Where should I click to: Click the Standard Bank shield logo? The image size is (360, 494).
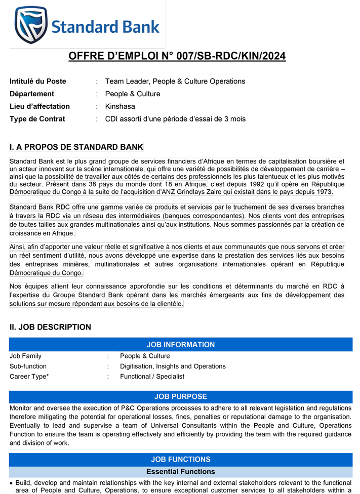pos(32,25)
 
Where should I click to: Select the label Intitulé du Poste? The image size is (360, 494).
pos(37,81)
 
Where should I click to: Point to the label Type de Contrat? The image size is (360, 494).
pos(37,119)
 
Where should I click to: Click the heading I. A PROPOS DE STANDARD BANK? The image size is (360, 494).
pos(76,147)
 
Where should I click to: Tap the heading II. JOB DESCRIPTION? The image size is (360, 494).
pos(50,327)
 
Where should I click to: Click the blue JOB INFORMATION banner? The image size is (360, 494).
pos(180,345)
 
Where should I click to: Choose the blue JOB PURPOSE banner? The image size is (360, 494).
pos(180,397)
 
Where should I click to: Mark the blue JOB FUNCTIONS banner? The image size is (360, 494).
pos(180,460)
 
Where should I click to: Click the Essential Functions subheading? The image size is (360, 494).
pos(180,472)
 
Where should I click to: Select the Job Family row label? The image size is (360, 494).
pos(25,356)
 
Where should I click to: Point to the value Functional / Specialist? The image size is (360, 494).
pos(152,377)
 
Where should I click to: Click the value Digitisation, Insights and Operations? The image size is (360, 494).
pos(173,366)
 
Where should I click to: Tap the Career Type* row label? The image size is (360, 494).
pos(29,377)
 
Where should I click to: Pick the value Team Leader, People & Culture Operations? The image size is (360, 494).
pos(175,81)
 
